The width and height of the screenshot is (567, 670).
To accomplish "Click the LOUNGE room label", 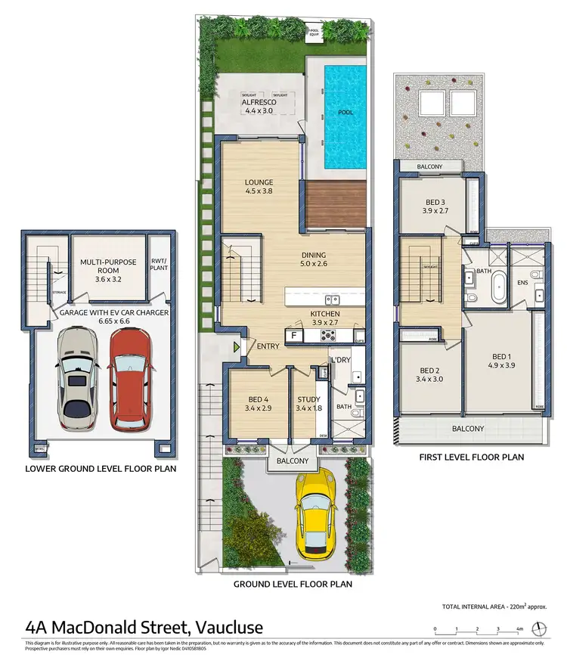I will tap(259, 182).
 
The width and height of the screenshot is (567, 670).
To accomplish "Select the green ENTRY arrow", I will tap(237, 347).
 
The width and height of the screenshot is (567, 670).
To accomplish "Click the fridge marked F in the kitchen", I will tap(291, 334).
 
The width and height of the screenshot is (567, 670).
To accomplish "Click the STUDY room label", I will tap(308, 399).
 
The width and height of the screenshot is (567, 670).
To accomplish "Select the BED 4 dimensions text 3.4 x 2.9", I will tap(259, 408).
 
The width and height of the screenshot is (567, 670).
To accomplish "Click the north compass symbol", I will tap(539, 628).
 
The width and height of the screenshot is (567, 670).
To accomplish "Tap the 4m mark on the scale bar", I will tap(519, 629).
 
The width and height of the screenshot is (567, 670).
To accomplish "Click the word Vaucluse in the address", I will tap(229, 627).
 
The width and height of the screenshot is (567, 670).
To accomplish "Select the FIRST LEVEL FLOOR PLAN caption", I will tap(472, 457).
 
